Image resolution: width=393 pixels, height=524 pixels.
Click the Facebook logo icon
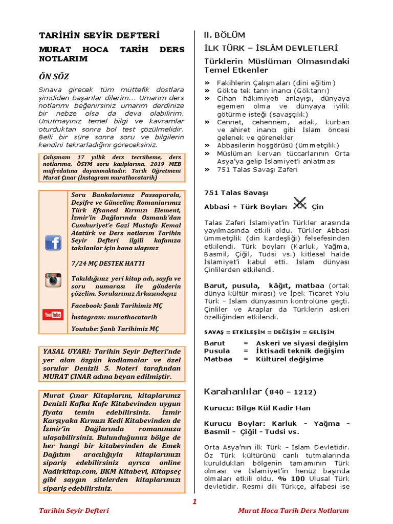pos(53,242)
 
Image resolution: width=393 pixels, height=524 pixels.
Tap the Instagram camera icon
pos(53,280)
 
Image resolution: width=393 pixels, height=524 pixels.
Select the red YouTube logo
pos(53,315)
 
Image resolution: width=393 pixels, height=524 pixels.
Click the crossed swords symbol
pos(299,204)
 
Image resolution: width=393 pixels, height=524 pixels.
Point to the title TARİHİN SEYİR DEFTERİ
pos(99,35)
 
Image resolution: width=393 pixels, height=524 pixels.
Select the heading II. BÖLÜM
pos(225,35)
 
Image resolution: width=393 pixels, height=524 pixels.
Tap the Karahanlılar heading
pos(233,391)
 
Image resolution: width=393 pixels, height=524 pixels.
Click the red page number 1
pos(194,501)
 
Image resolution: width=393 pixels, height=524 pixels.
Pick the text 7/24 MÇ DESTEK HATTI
pos(108,263)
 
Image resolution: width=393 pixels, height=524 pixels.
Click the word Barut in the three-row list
pos(214,343)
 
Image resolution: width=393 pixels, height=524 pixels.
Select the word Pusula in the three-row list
pos(217,351)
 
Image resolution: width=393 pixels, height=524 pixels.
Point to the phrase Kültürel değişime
pos(290,359)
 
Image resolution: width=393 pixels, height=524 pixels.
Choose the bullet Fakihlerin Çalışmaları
pos(276,83)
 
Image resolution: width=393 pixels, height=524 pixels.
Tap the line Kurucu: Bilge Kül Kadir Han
pos(257,408)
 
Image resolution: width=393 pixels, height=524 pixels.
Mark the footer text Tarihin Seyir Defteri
pos(74,511)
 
